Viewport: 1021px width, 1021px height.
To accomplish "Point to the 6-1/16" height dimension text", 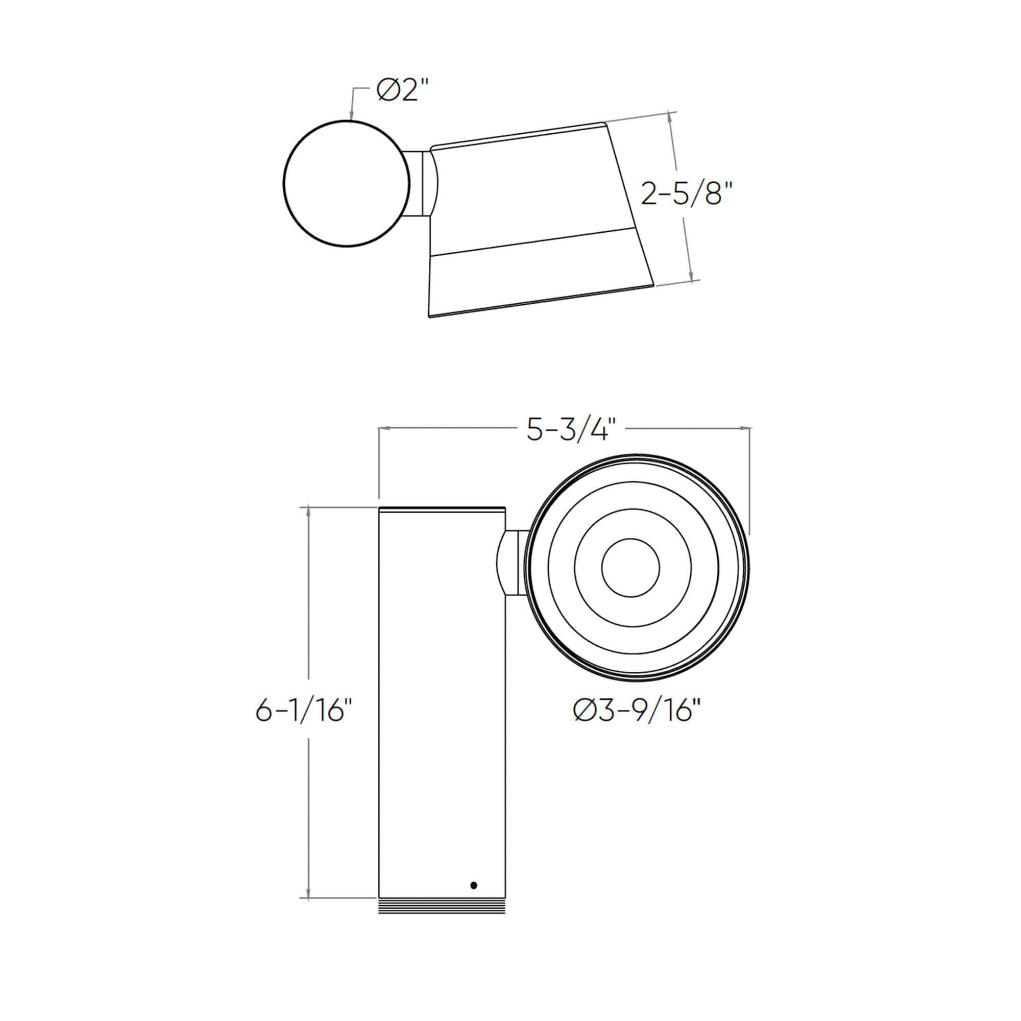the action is [303, 710].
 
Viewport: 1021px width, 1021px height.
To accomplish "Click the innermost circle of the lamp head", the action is [630, 568].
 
